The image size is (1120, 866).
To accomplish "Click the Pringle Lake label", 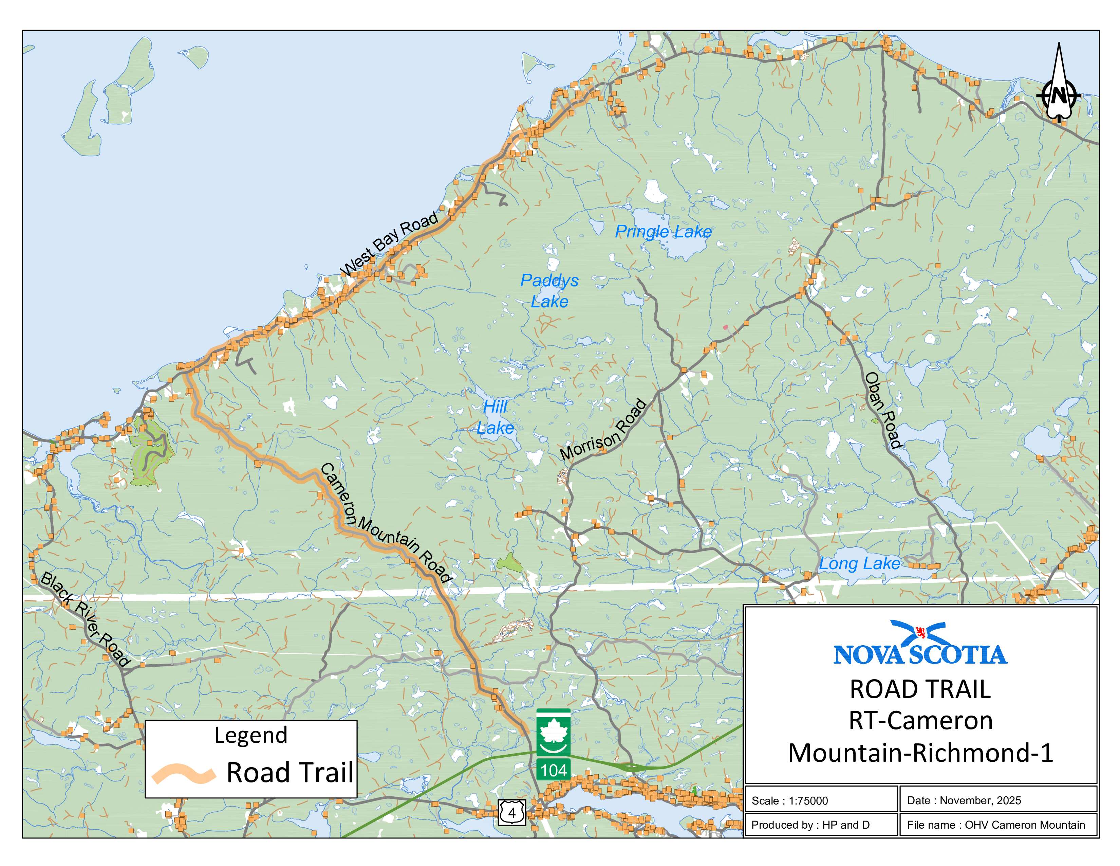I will click(x=663, y=232).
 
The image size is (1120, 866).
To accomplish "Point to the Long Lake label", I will click(x=859, y=564).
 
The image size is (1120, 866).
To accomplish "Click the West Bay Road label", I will click(x=389, y=244).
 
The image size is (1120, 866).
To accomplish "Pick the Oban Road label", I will click(x=882, y=411).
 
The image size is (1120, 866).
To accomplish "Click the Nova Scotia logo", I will click(x=920, y=643).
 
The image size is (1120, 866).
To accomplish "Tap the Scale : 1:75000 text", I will click(x=790, y=801).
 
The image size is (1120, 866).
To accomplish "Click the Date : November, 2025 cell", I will click(x=964, y=800).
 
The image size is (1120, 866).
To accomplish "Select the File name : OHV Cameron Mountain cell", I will click(x=996, y=825).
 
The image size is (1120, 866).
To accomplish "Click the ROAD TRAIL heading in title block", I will click(x=920, y=689).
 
